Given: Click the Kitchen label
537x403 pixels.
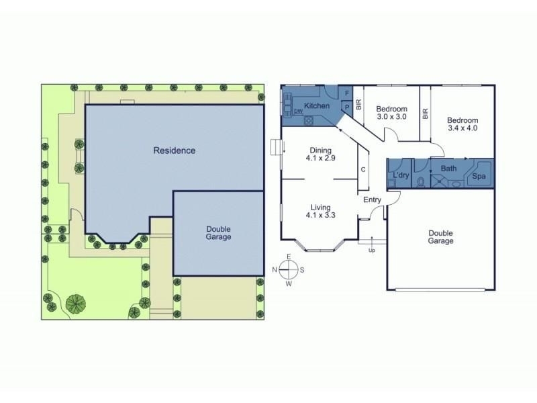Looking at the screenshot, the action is pos(317,105).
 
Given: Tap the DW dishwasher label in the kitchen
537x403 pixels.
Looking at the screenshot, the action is pos(298,111).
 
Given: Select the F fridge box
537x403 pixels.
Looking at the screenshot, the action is pos(347,93).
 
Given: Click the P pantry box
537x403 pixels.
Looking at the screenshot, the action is pos(347,107).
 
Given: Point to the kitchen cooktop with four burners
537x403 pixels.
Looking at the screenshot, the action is pos(309,120).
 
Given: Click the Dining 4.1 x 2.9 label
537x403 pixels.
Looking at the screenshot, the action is pos(321,154).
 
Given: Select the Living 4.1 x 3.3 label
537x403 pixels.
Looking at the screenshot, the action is pos(321,211).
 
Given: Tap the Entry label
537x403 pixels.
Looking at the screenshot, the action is pos(373,199).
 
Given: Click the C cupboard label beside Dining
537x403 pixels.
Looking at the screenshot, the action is pos(363,169).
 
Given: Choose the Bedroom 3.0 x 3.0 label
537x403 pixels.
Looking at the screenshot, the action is pos(392,113).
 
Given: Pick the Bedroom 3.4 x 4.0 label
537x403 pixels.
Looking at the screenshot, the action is pos(462,124).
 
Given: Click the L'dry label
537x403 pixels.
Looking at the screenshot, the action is pos(401,175).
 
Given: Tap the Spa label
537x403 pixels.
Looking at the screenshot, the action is pos(479,176).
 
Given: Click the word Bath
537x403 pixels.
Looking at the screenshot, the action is pos(448,169).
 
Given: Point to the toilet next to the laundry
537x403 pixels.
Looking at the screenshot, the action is pos(422,181).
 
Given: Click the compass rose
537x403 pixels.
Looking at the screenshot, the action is pos(289,270).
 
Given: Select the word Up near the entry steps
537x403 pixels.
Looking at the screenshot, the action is pos(372,251).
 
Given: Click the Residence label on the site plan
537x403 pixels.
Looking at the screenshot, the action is pos(175,150).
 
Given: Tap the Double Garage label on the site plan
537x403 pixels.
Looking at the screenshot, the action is pos(219,233).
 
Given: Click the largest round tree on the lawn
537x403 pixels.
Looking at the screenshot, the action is pos(75,304).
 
